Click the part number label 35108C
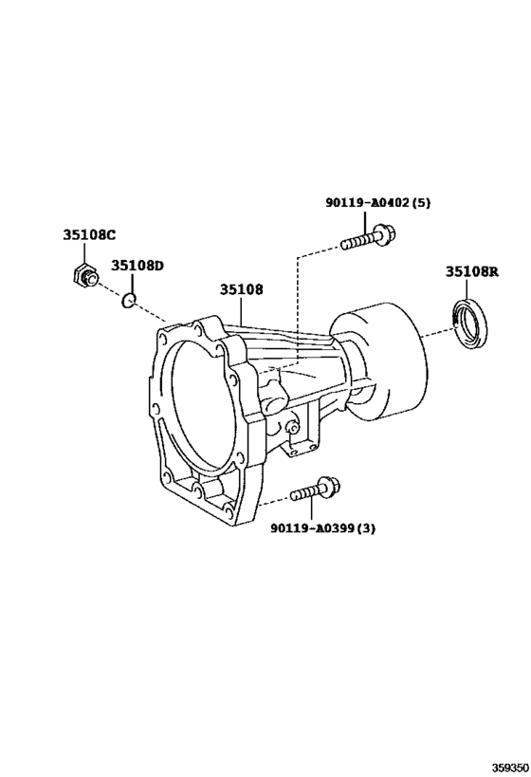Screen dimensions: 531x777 pos(89,235)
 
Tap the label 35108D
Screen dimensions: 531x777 pos(137,266)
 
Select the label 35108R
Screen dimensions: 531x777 pos(471,271)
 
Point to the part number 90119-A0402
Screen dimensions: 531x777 pos(367,203)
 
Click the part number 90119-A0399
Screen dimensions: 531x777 pos(313,528)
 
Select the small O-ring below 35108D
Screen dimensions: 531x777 pos(129,299)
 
